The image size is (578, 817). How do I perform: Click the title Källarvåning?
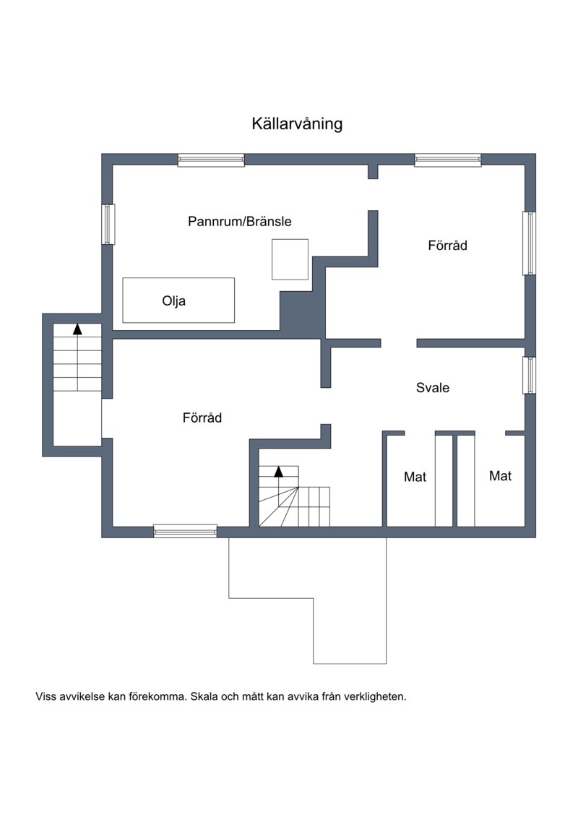297,124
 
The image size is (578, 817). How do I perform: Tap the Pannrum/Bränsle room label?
240,222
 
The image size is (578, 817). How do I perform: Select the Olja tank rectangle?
178,300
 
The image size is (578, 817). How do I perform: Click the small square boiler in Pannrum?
290,259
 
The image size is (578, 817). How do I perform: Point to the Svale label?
433,388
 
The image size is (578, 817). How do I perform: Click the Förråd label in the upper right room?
448,246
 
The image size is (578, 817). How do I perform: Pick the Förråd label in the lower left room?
202,418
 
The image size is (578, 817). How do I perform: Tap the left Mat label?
415,477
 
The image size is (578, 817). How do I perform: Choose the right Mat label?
501,476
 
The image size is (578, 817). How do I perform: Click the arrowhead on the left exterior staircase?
77,329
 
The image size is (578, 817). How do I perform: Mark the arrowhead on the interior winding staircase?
279,472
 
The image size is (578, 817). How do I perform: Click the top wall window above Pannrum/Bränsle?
211,160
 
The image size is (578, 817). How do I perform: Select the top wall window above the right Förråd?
448,160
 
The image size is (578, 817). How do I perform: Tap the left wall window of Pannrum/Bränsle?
108,224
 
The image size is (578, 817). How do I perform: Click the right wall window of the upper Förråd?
530,243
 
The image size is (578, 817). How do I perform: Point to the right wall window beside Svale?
530,375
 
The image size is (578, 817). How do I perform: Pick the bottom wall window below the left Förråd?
185,531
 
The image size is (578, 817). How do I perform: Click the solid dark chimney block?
301,311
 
